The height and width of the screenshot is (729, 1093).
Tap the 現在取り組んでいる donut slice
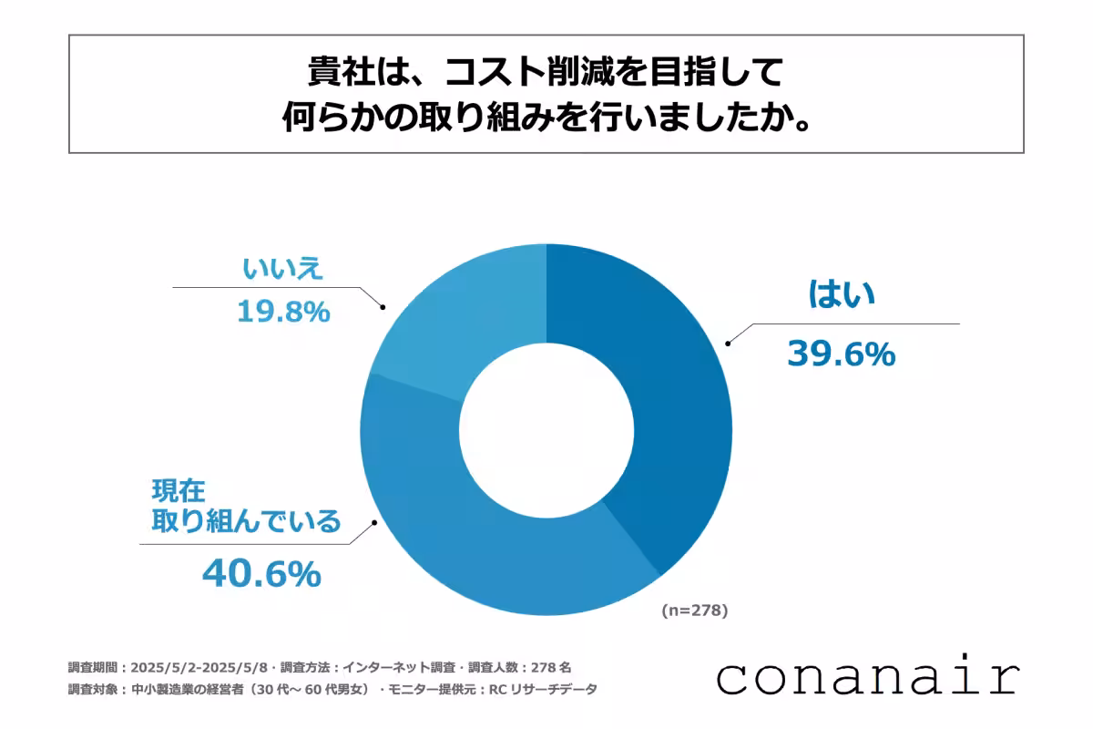click(474, 538)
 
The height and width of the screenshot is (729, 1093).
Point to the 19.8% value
click(282, 313)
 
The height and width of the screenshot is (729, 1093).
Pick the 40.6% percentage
click(261, 573)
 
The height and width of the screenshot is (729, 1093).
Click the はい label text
click(842, 294)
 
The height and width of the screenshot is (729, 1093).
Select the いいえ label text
click(283, 269)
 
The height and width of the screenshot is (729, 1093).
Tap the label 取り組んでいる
click(246, 522)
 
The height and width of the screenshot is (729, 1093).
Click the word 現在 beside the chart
click(177, 492)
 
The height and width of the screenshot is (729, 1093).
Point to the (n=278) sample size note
click(694, 611)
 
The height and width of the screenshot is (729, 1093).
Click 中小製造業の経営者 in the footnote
click(203, 689)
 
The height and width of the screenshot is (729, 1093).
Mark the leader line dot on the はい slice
click(727, 344)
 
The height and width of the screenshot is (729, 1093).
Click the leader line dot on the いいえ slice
click(383, 308)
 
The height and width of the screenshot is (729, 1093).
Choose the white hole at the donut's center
click(546, 429)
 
